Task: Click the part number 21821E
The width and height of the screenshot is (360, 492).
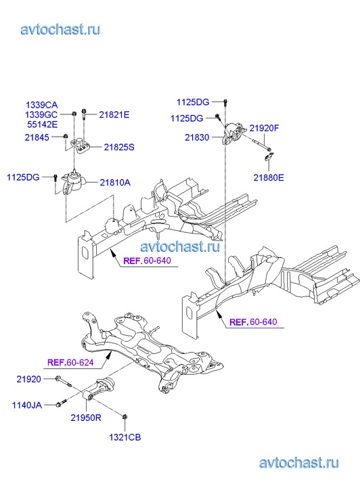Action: pos(114,115)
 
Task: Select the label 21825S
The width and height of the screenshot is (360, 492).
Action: pos(119,147)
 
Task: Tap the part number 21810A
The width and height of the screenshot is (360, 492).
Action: pos(115,183)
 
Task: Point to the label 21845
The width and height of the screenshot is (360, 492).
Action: pos(37,137)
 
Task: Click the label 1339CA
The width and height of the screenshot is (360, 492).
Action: pos(42,105)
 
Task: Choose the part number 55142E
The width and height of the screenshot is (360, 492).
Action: pos(43,125)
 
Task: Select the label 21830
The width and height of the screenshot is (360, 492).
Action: pos(197,137)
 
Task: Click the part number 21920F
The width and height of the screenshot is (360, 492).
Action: pos(265,128)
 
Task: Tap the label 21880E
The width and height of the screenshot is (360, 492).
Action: pos(269,178)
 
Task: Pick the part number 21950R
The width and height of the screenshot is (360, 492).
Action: pos(86,418)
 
